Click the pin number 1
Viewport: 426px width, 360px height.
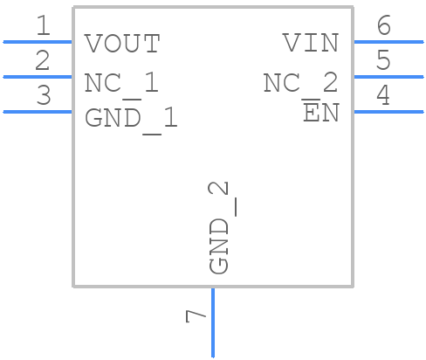click(x=42, y=26)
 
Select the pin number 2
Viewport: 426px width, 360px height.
click(x=42, y=61)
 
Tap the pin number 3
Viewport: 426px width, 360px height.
click(x=42, y=96)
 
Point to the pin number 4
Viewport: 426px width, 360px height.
click(x=382, y=96)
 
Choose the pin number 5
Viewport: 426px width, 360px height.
click(x=382, y=61)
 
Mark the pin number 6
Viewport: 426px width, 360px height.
click(x=382, y=26)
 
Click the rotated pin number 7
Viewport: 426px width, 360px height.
click(x=196, y=315)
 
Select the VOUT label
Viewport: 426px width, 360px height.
click(x=122, y=43)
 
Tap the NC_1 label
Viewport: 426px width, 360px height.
click(x=121, y=83)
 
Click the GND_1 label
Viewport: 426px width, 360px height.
click(x=131, y=118)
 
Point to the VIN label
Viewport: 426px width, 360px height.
click(x=310, y=43)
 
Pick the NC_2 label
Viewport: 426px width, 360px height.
click(x=300, y=83)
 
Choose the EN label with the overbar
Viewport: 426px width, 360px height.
click(x=320, y=113)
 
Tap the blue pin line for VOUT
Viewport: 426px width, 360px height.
click(x=38, y=41)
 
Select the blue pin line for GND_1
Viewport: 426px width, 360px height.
click(x=38, y=111)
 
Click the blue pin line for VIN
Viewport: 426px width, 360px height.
click(x=388, y=41)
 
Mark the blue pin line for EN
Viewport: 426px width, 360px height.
click(x=388, y=111)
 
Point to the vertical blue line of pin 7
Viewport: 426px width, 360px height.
click(x=212, y=323)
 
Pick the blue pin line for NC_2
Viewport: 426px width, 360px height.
click(x=388, y=76)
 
